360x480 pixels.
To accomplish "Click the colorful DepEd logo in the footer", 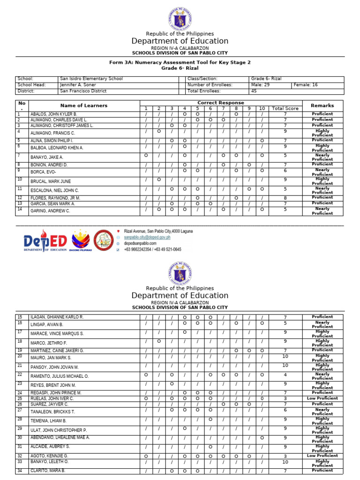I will pyautogui.click(x=45, y=240).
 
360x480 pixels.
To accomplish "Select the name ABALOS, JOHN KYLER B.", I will pyautogui.click(x=53, y=114).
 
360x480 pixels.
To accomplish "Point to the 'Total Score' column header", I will pyautogui.click(x=285, y=109).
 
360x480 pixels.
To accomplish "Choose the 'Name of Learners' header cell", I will pyautogui.click(x=84, y=106).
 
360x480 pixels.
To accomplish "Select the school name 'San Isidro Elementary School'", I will pyautogui.click(x=91, y=79).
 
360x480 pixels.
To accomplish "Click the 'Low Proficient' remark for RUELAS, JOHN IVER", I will pyautogui.click(x=322, y=398).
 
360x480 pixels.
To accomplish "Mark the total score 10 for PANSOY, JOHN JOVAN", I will pyautogui.click(x=285, y=366).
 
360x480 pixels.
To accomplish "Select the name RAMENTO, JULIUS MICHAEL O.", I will pyautogui.click(x=60, y=376).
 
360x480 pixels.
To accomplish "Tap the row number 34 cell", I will pyautogui.click(x=20, y=471).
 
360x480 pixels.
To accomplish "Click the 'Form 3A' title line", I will pyautogui.click(x=180, y=62).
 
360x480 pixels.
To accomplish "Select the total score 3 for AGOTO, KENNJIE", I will pyautogui.click(x=285, y=456).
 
